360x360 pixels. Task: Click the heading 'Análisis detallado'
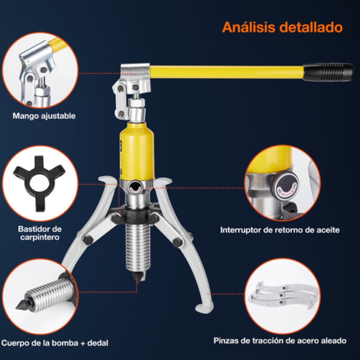282,27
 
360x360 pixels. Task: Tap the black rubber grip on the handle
328,72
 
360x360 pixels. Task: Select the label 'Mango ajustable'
44,116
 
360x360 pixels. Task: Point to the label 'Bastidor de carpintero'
40,233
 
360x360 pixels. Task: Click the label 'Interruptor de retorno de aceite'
280,230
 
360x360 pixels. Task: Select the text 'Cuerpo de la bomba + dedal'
55,343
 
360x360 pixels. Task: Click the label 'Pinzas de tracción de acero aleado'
280,340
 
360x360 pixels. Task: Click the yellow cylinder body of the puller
137,150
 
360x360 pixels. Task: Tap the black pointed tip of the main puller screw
138,276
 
